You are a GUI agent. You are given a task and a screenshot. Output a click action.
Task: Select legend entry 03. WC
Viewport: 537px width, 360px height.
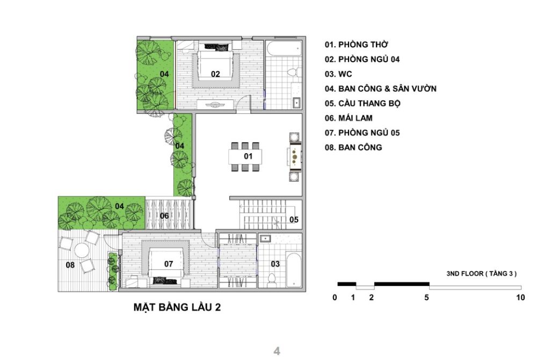pyautogui.click(x=338, y=74)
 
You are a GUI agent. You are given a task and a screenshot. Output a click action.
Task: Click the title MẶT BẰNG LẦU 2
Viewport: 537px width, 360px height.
pyautogui.click(x=177, y=308)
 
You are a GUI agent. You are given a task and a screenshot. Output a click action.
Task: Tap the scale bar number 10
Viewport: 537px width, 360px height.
pyautogui.click(x=519, y=297)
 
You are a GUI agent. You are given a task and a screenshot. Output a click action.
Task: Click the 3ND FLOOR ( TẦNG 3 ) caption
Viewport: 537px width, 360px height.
pyautogui.click(x=482, y=273)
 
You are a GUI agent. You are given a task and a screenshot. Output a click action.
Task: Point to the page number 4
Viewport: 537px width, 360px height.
pyautogui.click(x=277, y=352)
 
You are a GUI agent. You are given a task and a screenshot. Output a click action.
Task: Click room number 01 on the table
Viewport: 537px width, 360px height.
pyautogui.click(x=248, y=156)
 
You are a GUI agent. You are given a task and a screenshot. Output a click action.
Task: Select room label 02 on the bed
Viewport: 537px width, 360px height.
pyautogui.click(x=215, y=74)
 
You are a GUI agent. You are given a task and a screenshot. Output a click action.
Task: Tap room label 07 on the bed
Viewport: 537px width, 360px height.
pyautogui.click(x=169, y=264)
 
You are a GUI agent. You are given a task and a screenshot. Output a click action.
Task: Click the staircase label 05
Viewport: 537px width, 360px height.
pyautogui.click(x=294, y=219)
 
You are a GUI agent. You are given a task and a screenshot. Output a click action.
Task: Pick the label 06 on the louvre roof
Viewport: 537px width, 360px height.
pyautogui.click(x=164, y=216)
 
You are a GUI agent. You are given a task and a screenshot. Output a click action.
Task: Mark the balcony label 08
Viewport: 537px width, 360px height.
pyautogui.click(x=70, y=264)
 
